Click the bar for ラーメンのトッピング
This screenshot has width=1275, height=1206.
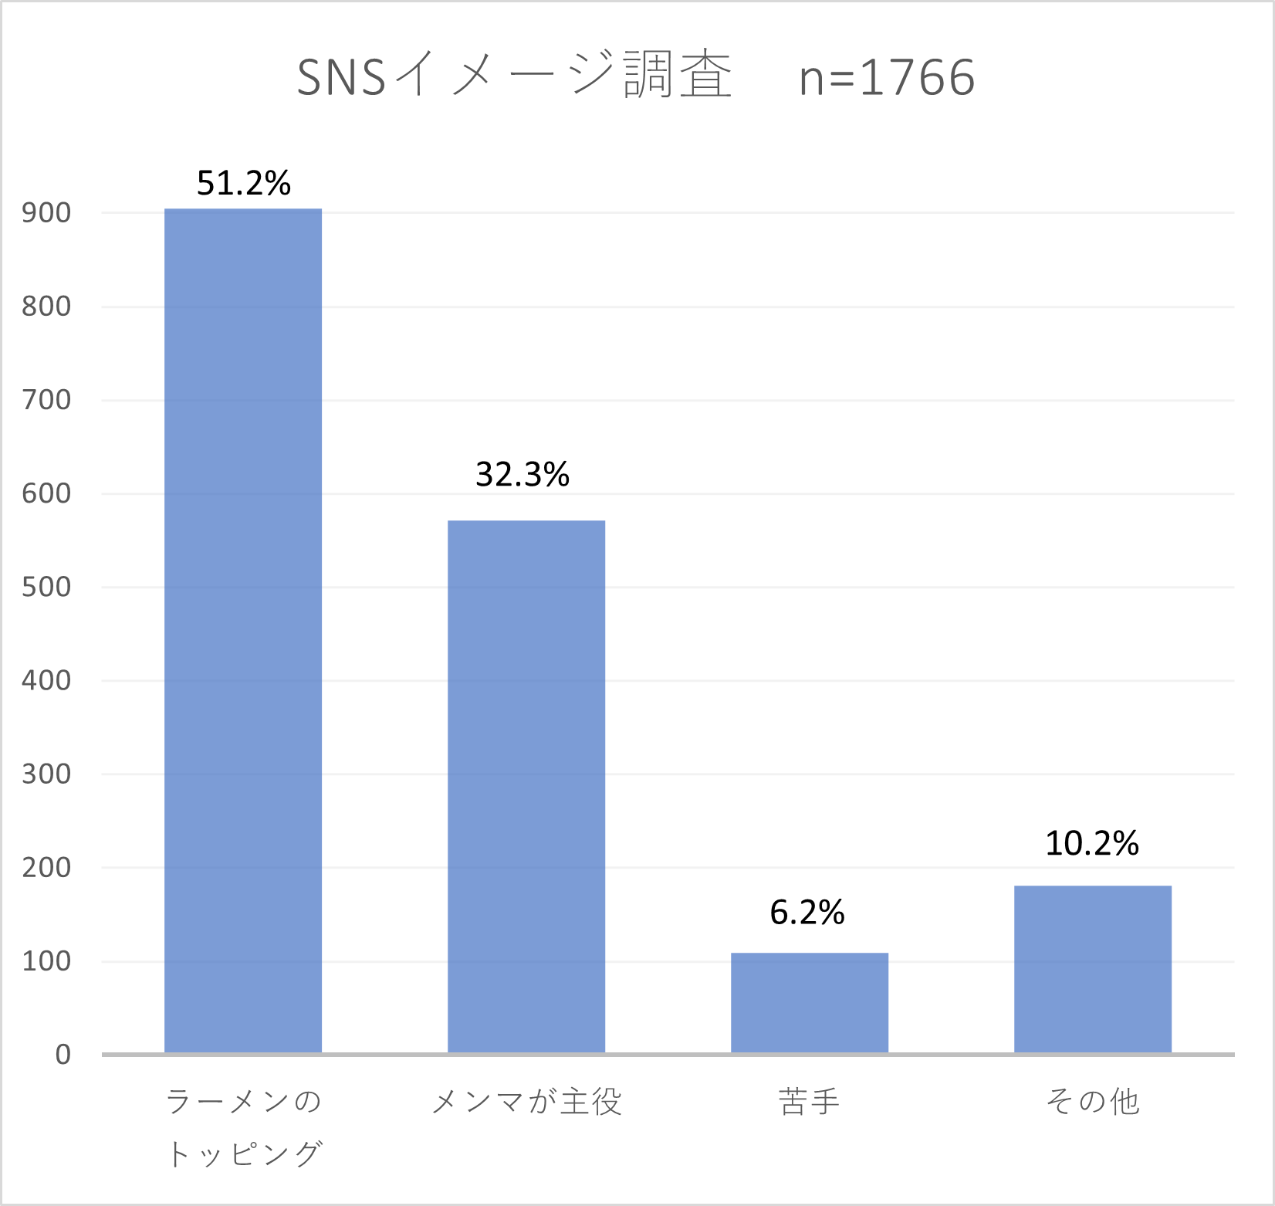(243, 631)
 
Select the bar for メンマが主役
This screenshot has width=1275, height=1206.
(526, 787)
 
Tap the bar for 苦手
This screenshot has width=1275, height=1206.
(810, 1003)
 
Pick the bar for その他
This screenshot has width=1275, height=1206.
(1093, 969)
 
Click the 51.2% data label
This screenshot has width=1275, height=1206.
(244, 183)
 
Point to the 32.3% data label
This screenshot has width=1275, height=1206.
(523, 474)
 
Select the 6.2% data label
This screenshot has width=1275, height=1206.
(807, 913)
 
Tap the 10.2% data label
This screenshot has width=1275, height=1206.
(1092, 843)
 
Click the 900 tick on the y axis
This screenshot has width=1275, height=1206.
(46, 212)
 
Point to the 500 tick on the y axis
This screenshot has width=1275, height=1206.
(46, 587)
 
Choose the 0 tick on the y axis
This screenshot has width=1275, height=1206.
(63, 1054)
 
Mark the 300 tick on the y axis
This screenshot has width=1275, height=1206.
(46, 774)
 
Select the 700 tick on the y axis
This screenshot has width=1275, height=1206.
(46, 400)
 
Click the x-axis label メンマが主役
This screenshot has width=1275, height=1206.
(526, 1102)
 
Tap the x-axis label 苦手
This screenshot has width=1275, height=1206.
(809, 1102)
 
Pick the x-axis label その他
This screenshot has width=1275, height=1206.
(1093, 1102)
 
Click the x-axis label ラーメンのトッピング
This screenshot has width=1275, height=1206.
(244, 1127)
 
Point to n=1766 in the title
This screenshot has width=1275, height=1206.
(887, 78)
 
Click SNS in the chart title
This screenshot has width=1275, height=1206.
(341, 78)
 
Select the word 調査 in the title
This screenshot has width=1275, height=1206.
(678, 76)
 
